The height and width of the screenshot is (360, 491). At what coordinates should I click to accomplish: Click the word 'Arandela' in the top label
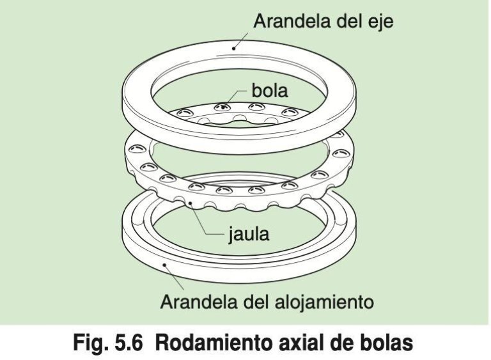(292, 21)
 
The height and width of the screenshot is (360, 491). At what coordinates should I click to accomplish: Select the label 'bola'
(270, 91)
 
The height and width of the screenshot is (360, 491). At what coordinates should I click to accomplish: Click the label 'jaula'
(248, 235)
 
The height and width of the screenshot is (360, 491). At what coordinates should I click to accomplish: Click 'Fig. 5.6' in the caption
(107, 343)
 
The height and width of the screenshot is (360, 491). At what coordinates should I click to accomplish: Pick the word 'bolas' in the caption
(386, 343)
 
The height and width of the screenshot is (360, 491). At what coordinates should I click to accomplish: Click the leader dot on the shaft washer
(233, 48)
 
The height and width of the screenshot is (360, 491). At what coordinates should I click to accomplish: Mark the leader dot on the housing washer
(165, 265)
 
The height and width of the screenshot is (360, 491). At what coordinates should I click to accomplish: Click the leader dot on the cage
(190, 203)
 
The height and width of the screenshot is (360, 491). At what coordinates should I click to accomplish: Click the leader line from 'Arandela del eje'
(241, 40)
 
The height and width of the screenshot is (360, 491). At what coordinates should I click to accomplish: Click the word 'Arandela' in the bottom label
(199, 302)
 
